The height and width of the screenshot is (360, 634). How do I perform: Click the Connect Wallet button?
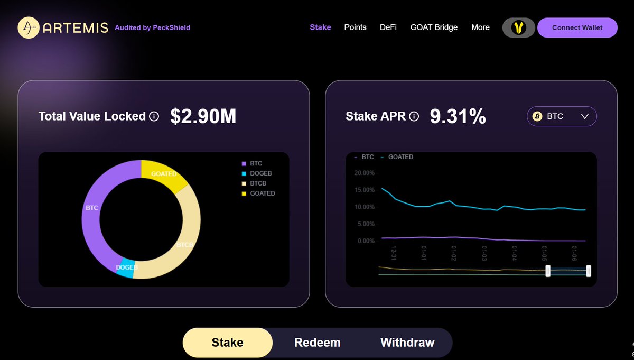tap(577, 27)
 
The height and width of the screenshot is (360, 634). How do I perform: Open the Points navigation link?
tap(355, 27)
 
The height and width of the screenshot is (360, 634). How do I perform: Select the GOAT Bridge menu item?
tap(434, 27)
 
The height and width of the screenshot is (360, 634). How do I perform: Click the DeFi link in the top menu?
tap(388, 27)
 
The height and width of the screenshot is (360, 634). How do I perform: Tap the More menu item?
tap(480, 27)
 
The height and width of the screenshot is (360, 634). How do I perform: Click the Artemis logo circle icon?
tap(29, 27)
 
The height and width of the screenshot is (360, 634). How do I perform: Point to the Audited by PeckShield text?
tap(152, 27)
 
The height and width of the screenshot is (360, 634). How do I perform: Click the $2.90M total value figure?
tap(203, 116)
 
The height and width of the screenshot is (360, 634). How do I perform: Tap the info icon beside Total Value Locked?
tap(154, 116)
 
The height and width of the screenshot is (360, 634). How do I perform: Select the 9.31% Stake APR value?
tap(458, 116)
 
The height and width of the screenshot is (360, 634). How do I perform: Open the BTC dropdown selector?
tap(562, 116)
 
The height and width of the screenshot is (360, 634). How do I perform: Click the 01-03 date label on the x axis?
tap(484, 252)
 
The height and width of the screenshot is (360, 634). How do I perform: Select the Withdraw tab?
tap(407, 343)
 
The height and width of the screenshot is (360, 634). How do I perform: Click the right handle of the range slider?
tap(589, 271)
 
